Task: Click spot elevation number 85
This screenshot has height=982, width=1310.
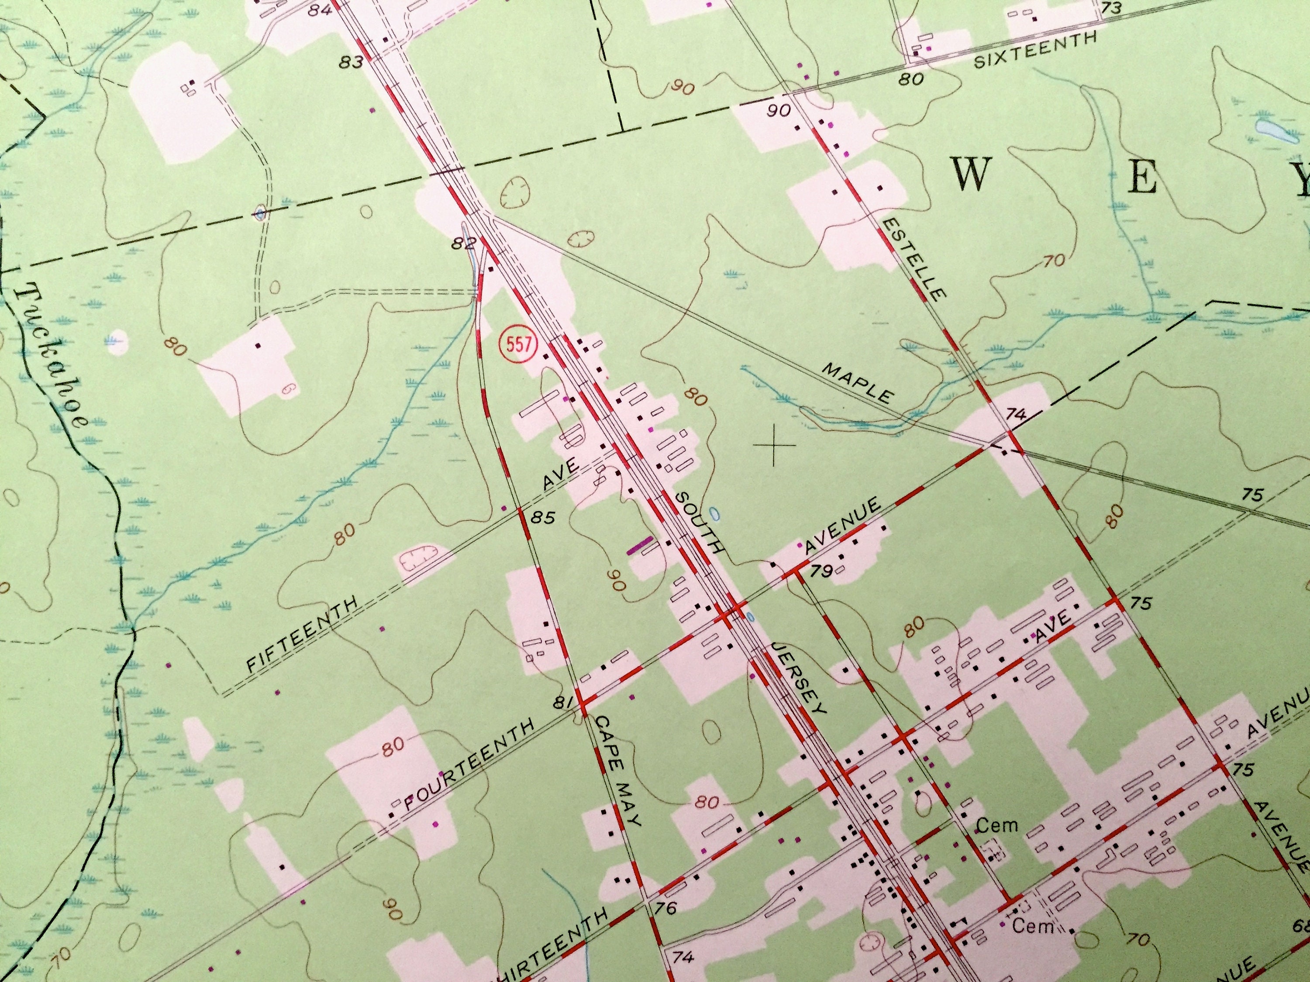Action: point(543,518)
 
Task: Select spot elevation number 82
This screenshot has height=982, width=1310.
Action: point(464,243)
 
